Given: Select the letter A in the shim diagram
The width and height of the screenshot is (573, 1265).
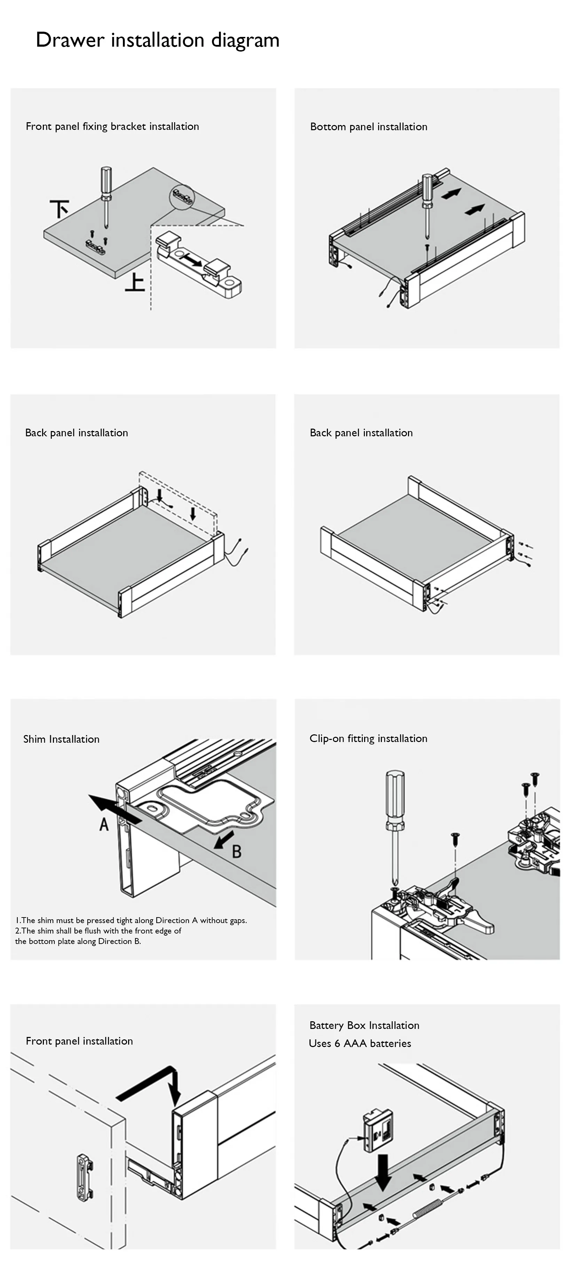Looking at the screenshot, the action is [104, 824].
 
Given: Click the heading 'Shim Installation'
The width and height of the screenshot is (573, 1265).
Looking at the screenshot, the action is [61, 739].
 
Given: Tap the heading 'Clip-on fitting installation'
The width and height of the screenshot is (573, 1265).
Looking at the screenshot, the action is [368, 739].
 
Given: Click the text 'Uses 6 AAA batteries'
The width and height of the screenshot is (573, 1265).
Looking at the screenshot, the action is [360, 1044].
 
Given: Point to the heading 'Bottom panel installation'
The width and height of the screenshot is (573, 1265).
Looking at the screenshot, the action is [369, 127].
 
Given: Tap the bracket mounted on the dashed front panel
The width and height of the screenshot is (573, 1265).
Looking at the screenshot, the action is [85, 1177].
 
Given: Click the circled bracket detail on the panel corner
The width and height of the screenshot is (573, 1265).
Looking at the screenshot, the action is [182, 197].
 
